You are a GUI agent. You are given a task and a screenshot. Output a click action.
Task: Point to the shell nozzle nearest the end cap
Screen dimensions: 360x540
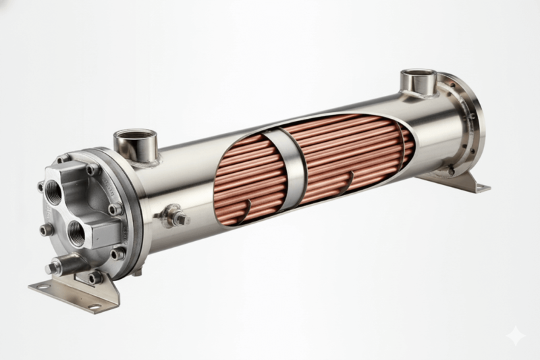click(134, 143)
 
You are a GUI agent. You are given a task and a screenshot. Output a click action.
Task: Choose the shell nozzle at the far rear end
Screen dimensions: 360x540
click(417, 80)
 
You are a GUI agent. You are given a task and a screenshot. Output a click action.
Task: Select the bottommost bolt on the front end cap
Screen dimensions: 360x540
click(95, 276)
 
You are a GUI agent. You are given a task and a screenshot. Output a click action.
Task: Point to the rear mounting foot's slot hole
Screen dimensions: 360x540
click(481, 186)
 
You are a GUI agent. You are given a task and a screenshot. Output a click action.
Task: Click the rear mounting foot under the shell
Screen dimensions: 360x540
click(459, 180)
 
